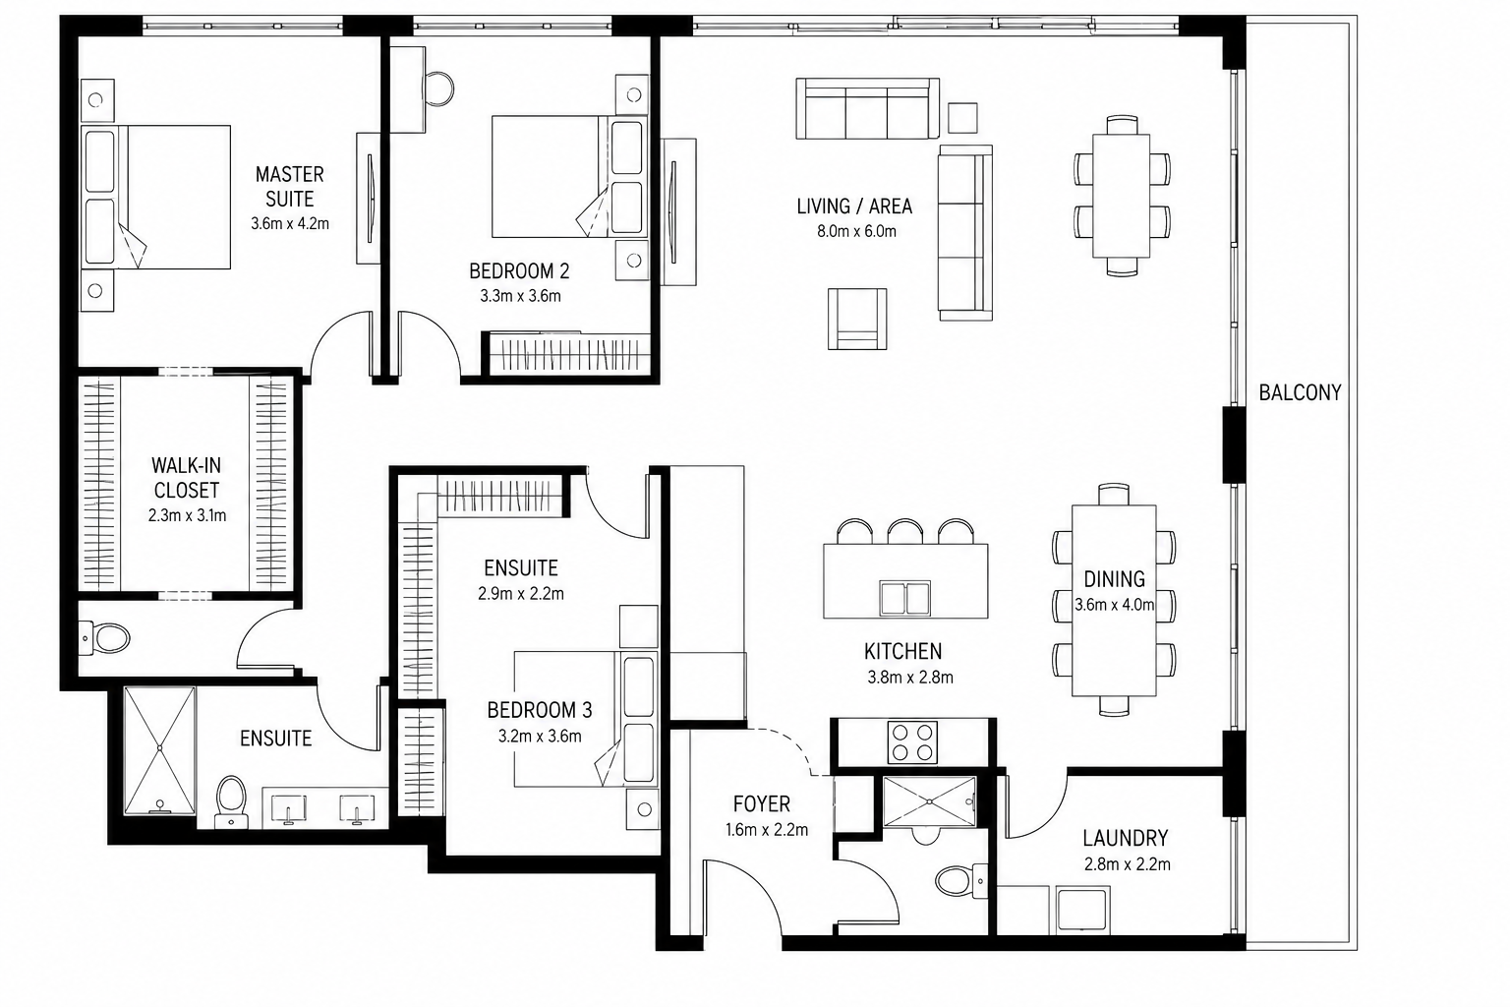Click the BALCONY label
coord(1300,392)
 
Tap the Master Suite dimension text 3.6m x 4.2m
coord(290,223)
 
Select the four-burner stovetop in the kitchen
coord(912,741)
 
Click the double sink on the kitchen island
coord(904,598)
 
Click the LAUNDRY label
coord(1125,839)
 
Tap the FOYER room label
coord(762,804)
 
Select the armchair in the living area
coord(857,319)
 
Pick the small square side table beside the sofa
coord(962,118)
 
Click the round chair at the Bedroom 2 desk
coord(438,89)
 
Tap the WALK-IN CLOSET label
coord(186,478)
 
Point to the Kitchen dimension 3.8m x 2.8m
coord(910,678)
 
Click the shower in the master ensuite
coord(160,750)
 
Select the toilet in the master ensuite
coord(231,801)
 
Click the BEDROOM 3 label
coord(540,710)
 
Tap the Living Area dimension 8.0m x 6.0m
coord(857,231)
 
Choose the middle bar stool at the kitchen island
coord(905,531)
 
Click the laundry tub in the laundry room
coord(1082,911)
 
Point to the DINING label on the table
coord(1114,578)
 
